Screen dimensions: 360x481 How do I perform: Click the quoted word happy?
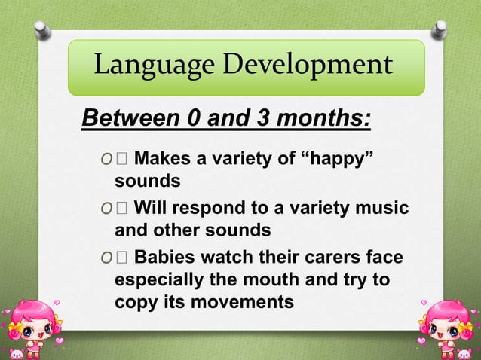(338, 159)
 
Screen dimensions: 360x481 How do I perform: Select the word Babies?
(167, 258)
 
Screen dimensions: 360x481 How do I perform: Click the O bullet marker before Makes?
(105, 160)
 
